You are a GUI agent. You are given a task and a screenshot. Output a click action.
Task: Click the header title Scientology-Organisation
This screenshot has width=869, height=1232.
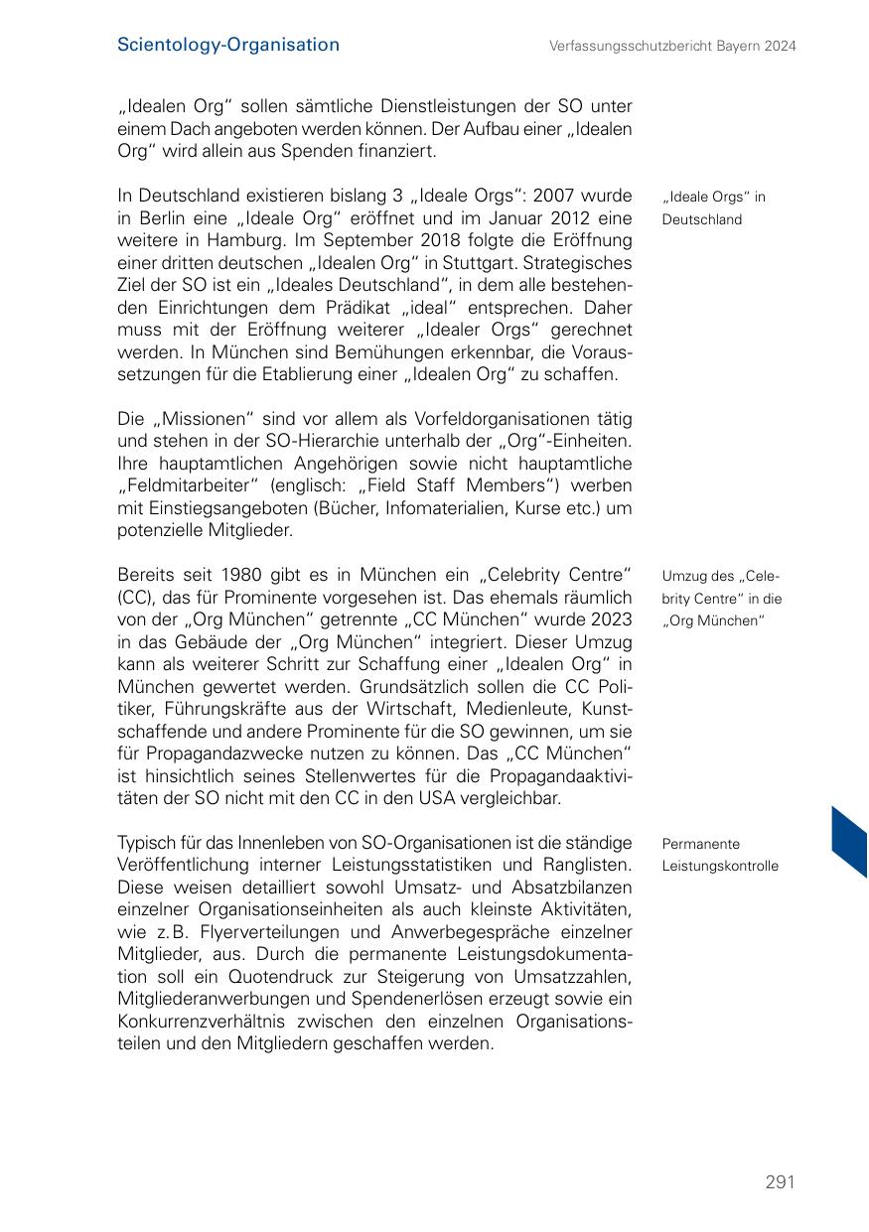227,45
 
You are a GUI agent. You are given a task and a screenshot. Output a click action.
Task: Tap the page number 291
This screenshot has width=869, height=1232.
780,1181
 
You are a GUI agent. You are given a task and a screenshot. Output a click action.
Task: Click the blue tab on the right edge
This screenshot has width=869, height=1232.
850,842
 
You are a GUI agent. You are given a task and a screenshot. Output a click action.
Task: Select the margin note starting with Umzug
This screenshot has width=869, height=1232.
721,599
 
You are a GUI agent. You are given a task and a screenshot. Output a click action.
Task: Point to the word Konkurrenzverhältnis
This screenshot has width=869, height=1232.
215,1022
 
